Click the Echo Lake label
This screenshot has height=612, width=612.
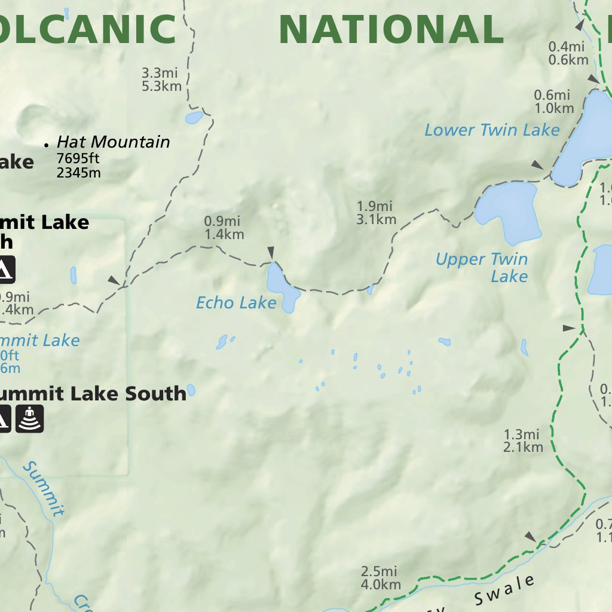click(236, 303)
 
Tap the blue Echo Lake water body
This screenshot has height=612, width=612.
click(280, 290)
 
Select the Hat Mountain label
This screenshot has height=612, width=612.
click(113, 142)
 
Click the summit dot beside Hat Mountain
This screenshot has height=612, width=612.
click(46, 145)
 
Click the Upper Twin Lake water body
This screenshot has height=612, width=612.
click(509, 211)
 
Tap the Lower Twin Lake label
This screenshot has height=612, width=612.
click(491, 130)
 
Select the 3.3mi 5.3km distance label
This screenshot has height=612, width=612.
click(161, 79)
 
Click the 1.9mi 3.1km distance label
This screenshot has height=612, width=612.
click(376, 213)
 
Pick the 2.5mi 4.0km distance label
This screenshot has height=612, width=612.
click(380, 578)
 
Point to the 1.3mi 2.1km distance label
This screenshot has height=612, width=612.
click(523, 441)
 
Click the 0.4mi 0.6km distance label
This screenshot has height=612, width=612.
click(568, 53)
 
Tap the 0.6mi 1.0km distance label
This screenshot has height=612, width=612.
click(553, 102)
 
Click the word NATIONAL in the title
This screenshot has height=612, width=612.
click(391, 29)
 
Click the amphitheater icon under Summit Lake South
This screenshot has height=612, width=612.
click(29, 418)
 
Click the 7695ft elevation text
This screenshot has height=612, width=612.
click(78, 159)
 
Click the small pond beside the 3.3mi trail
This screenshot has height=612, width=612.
click(194, 118)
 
